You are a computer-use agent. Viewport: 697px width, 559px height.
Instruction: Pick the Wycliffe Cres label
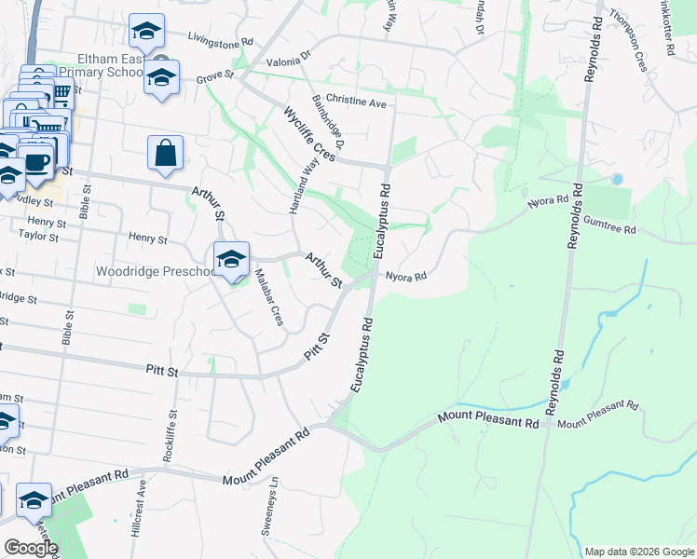308,134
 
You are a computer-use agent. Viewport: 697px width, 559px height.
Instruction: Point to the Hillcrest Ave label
137,511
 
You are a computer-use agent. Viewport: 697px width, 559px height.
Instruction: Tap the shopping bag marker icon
165,153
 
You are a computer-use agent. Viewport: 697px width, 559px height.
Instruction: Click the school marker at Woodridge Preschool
230,260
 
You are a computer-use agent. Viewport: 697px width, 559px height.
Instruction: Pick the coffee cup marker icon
37,161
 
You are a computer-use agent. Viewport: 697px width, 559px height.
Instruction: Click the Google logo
30,548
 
